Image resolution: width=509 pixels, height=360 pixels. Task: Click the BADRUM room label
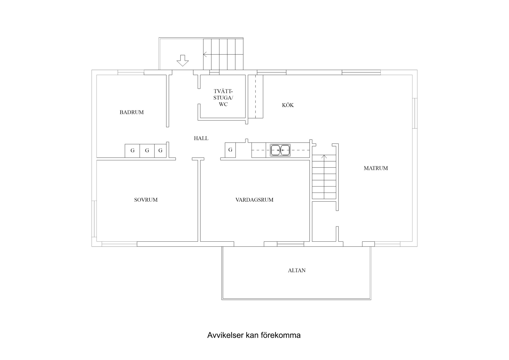coord(131,112)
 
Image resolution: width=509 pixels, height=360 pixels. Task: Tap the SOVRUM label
coord(146,200)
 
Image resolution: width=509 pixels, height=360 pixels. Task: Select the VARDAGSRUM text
coord(254,200)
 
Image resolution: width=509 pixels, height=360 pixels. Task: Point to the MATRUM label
coord(376,168)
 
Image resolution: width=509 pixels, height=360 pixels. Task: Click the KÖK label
coord(288,105)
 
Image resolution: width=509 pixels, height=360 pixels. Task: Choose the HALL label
coord(201,138)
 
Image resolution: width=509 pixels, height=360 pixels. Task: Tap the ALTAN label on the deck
coord(297,270)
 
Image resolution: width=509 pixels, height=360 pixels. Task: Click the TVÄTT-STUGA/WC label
coord(223,98)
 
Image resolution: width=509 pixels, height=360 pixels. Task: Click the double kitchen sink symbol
coord(280,150)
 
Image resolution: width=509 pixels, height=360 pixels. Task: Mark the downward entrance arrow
coord(182,60)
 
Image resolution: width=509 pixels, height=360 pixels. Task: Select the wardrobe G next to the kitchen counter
coord(230,150)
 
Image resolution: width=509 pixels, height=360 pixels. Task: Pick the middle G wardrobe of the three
coord(147,151)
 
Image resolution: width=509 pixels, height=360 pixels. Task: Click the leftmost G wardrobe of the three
coord(132,151)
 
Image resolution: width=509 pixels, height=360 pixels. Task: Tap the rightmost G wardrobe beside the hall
coord(160,151)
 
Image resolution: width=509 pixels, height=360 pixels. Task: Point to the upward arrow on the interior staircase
coord(324,157)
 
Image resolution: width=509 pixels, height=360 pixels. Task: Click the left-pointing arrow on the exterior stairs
coord(205,54)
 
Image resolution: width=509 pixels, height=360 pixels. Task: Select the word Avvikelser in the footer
coord(225,335)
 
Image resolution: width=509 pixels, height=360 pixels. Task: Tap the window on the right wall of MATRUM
coord(415,113)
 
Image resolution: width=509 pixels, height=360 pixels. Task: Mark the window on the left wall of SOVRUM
coord(94,219)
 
